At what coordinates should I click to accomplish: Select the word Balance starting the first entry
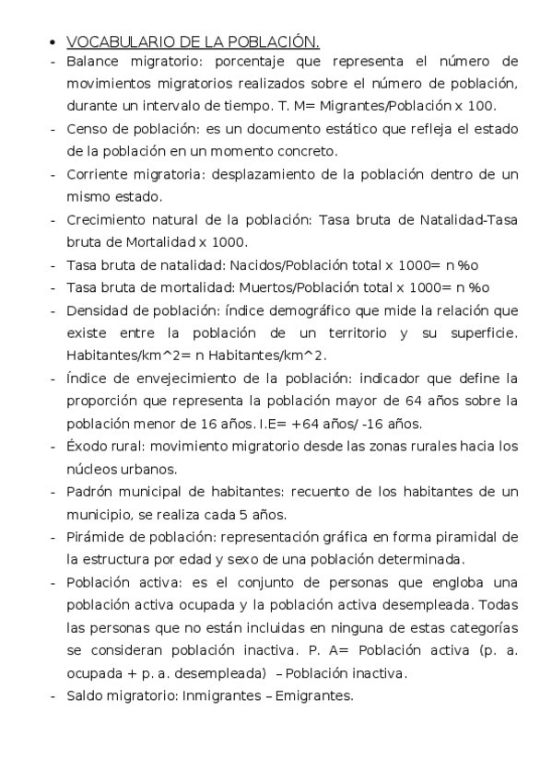click(x=92, y=61)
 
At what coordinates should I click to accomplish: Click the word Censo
click(x=87, y=128)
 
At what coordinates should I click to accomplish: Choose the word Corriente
click(x=98, y=173)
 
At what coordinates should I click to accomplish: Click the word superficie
click(x=483, y=332)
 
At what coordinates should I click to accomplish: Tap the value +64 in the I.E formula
click(x=302, y=423)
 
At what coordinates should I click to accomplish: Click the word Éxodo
click(x=87, y=445)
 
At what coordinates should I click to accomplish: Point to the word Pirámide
click(x=95, y=536)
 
